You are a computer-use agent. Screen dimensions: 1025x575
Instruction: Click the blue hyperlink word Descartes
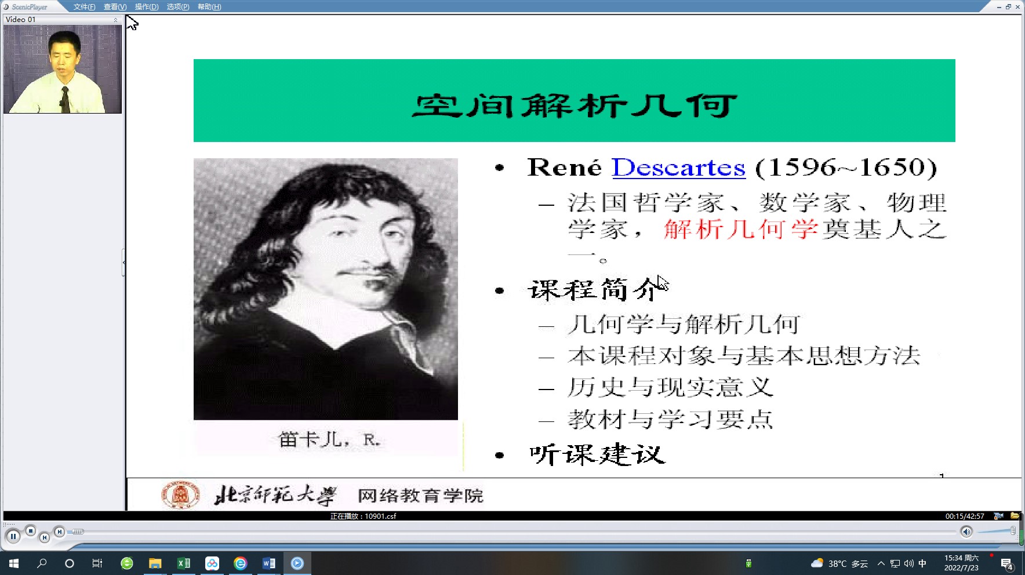coord(678,168)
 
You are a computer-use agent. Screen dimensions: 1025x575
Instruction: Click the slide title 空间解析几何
coord(574,105)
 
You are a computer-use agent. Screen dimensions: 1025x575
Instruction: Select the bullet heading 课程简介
coord(595,289)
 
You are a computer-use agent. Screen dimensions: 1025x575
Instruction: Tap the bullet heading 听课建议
coord(597,454)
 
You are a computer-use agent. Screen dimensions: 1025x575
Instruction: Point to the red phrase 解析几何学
coord(741,230)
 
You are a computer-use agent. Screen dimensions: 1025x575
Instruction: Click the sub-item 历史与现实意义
coord(670,387)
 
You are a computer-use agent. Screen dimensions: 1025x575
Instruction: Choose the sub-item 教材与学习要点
coord(670,419)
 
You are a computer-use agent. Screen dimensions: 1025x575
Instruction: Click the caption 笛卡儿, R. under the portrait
coord(329,439)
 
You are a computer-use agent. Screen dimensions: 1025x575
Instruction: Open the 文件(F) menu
coord(84,7)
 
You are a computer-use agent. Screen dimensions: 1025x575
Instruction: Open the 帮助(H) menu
coord(209,7)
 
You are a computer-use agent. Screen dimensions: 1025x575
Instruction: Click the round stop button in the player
coord(31,530)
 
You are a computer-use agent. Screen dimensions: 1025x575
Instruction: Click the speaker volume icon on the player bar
coord(966,532)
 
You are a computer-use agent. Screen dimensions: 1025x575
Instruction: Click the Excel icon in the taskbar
coord(183,563)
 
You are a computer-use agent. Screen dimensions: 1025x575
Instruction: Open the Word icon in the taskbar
coord(268,563)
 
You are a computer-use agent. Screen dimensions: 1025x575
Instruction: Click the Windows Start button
coord(14,563)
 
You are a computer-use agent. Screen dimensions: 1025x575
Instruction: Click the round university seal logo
coord(180,495)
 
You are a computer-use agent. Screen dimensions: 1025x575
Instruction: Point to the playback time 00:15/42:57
coord(965,516)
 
